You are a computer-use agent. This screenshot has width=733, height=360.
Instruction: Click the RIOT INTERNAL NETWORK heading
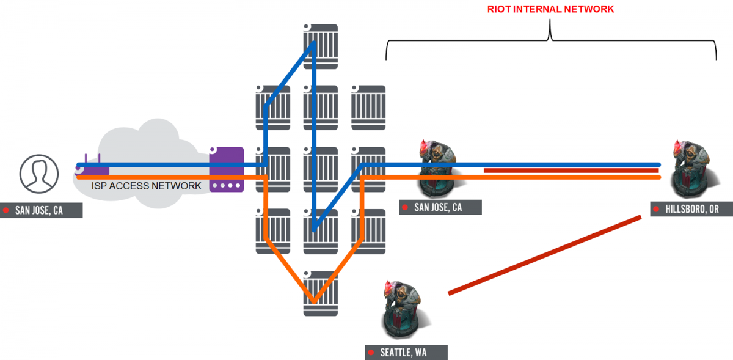tap(550, 9)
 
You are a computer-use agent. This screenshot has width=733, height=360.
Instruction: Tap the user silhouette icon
tap(38, 172)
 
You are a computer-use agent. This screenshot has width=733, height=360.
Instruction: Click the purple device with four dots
tap(226, 170)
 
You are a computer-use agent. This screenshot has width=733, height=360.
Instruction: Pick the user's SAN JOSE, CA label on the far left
tap(41, 211)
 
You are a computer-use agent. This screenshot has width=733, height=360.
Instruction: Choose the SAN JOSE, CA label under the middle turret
tap(440, 207)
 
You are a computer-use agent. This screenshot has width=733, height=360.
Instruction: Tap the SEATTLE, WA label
tap(406, 353)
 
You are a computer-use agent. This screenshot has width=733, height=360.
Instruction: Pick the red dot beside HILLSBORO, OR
tap(658, 209)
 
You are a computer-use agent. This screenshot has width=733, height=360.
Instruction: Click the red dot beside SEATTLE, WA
tap(372, 353)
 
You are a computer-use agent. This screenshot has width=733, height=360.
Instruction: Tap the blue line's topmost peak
tap(313, 43)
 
